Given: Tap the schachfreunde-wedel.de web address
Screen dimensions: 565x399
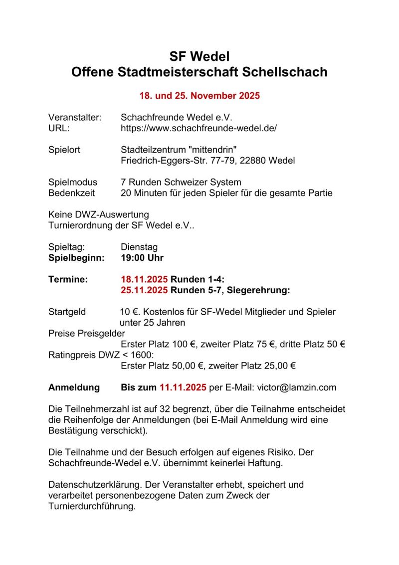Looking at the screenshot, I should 199,128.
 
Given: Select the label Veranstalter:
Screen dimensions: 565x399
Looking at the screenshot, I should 75,118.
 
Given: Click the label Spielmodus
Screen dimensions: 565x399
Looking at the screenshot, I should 73,183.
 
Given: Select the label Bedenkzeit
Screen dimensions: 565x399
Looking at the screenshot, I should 71,193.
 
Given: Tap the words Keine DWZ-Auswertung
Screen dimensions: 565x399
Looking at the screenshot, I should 98,215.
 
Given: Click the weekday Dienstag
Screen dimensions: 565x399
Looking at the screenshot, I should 139,247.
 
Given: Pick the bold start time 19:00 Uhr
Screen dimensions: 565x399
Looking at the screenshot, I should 142,258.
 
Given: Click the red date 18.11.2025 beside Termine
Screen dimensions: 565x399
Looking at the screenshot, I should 144,280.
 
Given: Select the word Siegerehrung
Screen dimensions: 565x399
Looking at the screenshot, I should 260,290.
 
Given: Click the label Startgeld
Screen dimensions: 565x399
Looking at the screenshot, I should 67,312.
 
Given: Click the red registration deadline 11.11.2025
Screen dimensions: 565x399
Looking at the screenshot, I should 183,387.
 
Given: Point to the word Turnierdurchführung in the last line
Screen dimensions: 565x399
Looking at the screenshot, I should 92,506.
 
